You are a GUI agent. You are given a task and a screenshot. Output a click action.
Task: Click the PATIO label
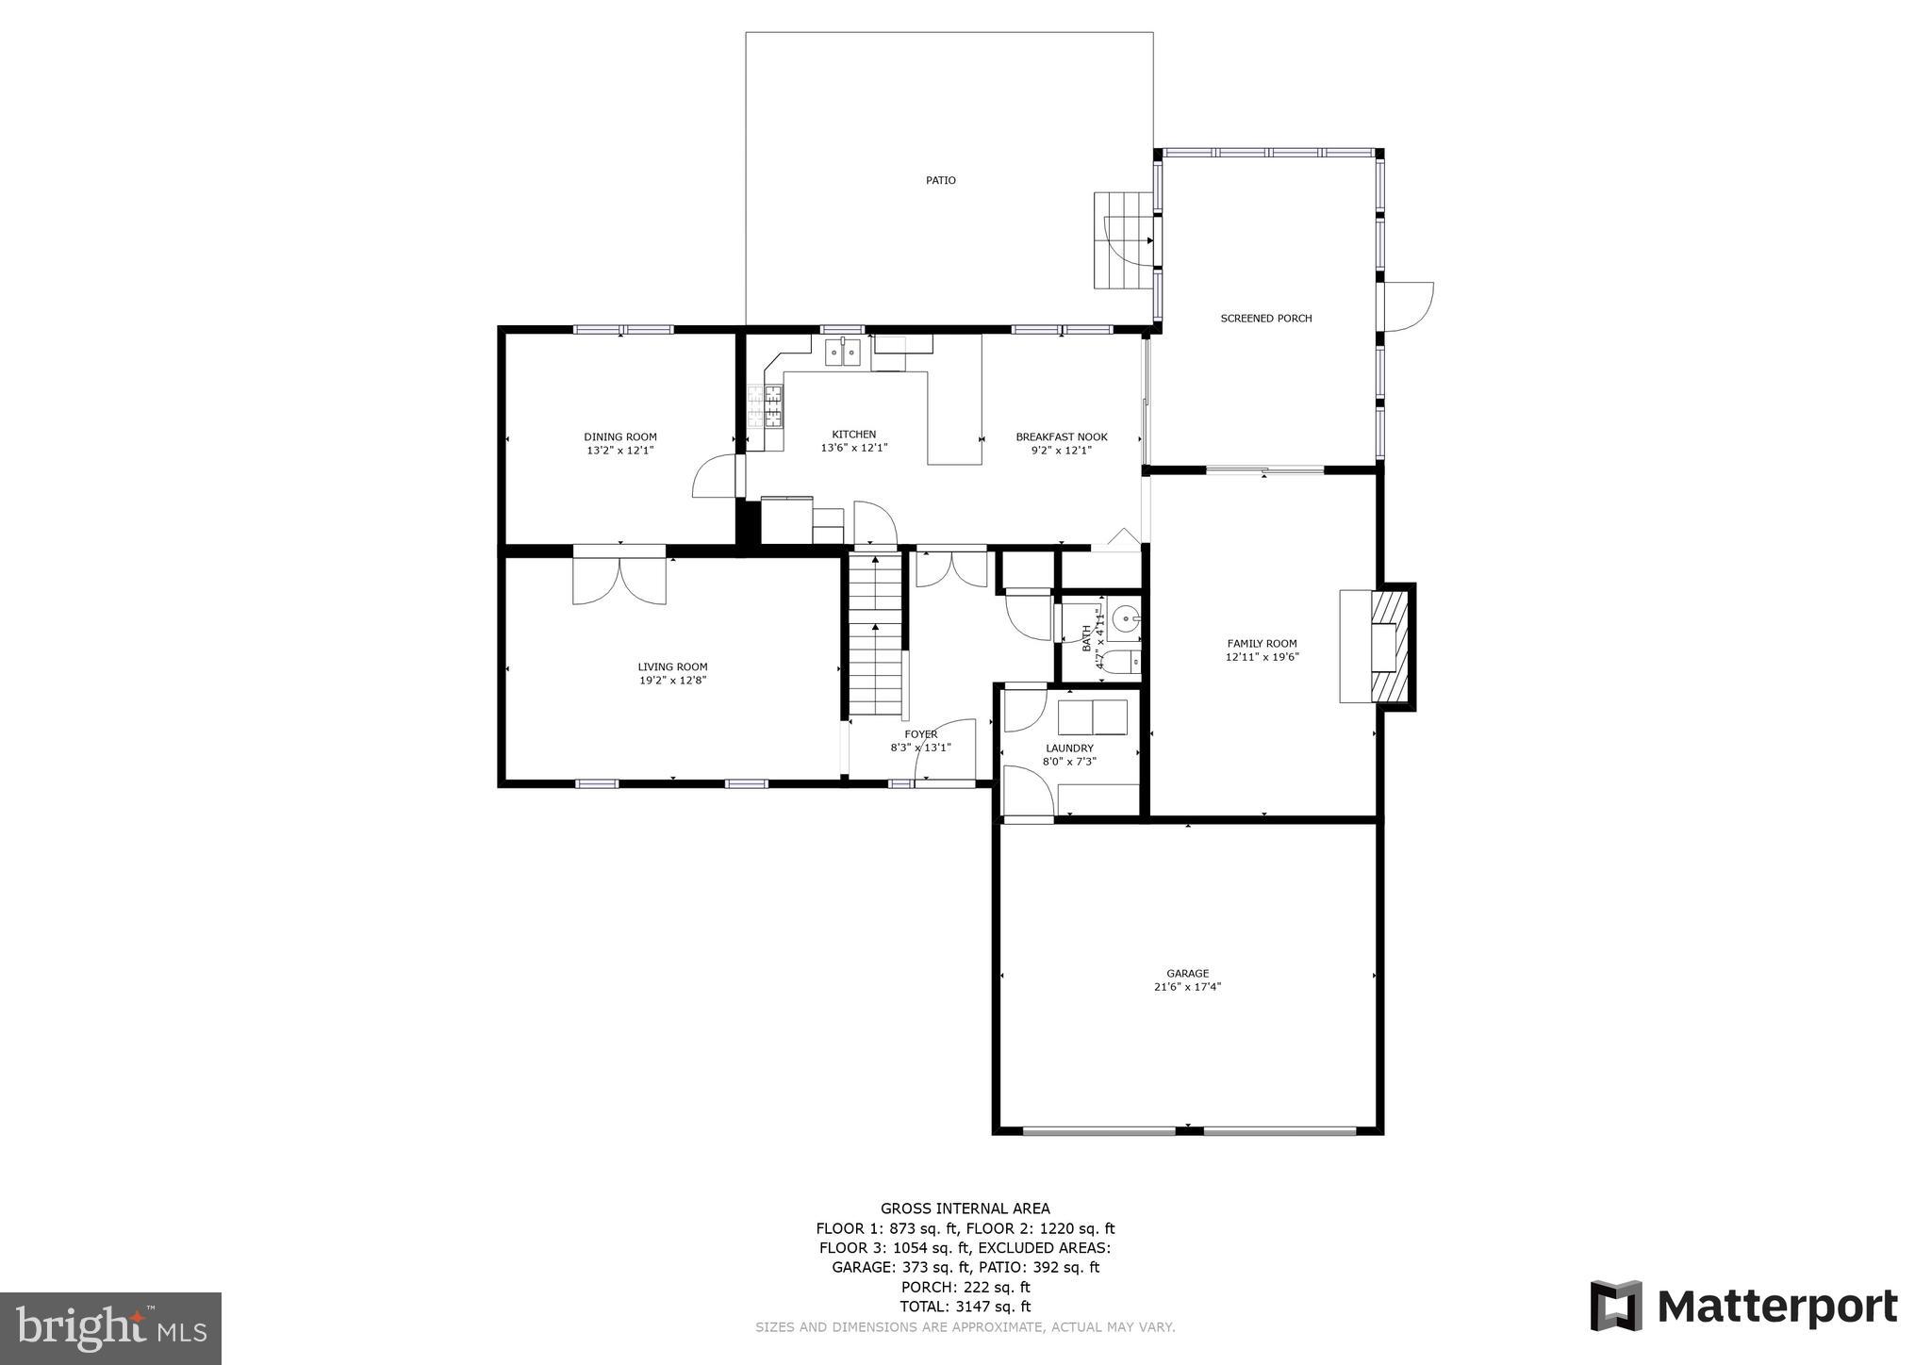(940, 180)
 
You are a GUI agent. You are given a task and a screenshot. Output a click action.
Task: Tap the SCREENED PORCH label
(1265, 319)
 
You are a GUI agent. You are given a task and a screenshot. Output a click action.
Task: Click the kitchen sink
(844, 353)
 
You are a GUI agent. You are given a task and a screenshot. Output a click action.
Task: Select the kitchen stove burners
(766, 408)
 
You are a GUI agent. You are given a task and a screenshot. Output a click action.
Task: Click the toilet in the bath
(1121, 661)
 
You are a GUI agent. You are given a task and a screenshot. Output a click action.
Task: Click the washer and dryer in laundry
(1092, 717)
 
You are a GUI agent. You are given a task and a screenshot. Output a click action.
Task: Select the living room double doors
(619, 577)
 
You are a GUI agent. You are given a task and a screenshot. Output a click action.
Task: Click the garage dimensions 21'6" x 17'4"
(1187, 987)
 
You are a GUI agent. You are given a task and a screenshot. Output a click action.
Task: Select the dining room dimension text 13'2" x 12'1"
(619, 451)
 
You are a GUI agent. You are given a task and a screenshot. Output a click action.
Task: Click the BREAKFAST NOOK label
(1061, 436)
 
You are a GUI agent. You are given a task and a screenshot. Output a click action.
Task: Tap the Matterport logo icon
(1616, 1306)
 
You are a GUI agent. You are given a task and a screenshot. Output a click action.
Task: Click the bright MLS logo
(110, 1328)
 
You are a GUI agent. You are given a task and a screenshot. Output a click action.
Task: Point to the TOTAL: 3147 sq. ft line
(965, 1307)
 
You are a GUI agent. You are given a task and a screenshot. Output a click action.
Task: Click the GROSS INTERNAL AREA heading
(965, 1209)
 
